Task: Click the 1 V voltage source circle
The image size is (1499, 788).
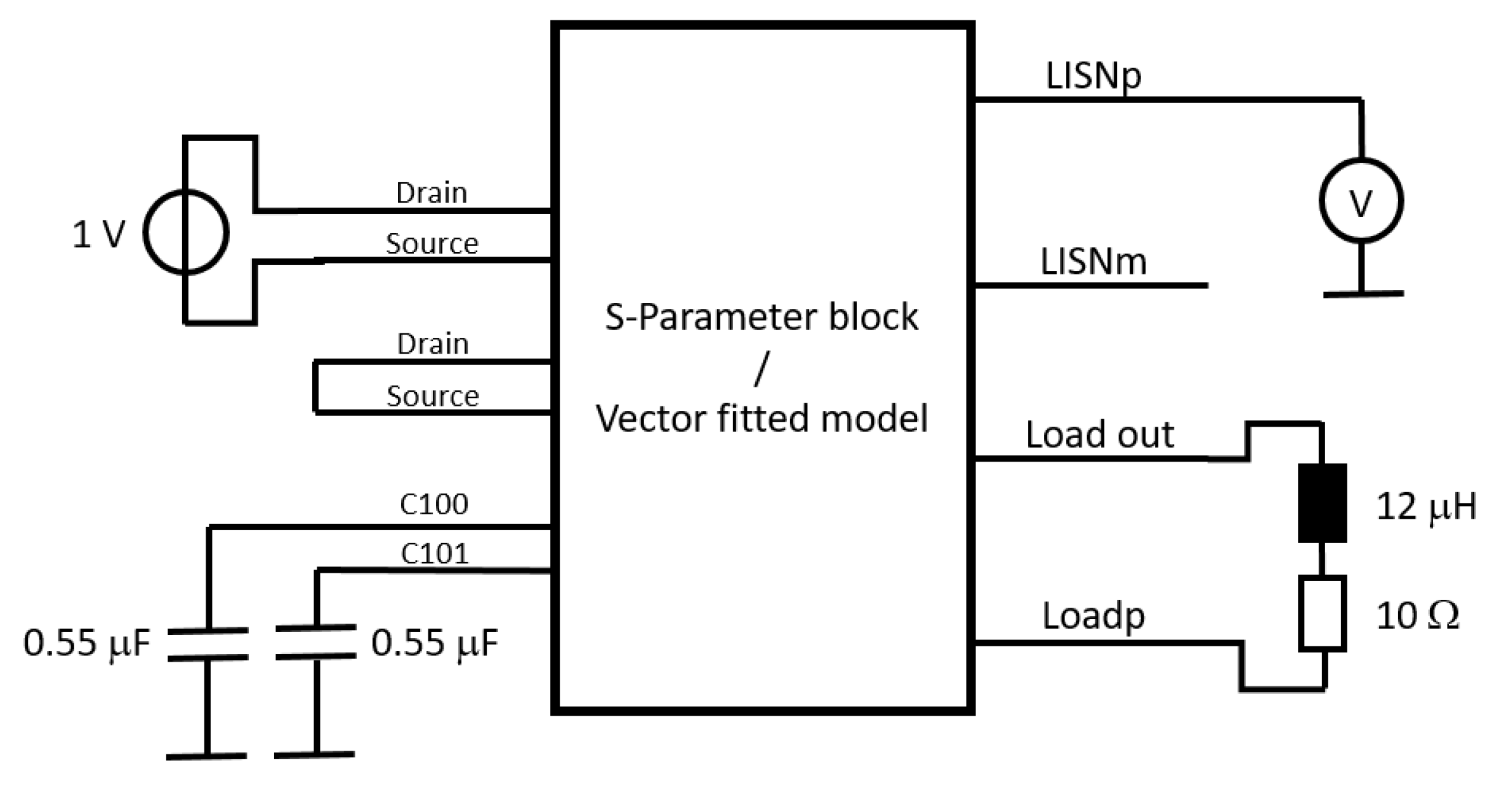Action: point(185,233)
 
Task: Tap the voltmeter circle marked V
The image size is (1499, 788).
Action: point(1361,201)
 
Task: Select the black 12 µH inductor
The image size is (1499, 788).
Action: point(1322,503)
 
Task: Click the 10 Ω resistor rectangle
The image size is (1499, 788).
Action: point(1322,613)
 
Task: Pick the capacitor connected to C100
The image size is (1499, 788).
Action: point(208,644)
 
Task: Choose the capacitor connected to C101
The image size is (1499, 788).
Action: point(316,641)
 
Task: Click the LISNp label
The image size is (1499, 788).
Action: point(1093,76)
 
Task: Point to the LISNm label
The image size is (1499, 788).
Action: point(1093,262)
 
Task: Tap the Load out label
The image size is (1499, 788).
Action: point(1099,435)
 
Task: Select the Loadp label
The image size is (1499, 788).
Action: point(1093,616)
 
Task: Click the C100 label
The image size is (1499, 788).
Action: point(434,505)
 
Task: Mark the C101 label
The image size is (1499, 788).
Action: point(435,554)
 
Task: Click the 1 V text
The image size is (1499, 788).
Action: point(99,234)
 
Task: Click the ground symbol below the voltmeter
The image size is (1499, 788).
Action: point(1363,293)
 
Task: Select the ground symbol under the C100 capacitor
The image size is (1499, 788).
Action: point(206,755)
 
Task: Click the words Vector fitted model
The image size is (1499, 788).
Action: point(762,418)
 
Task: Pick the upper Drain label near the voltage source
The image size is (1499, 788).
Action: point(432,192)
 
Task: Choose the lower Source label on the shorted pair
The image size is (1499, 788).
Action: point(433,396)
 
